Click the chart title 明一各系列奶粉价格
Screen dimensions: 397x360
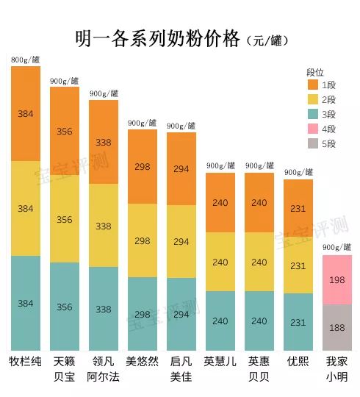click(157, 38)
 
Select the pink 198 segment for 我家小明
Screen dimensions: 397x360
click(337, 280)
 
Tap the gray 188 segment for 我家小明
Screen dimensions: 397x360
click(337, 328)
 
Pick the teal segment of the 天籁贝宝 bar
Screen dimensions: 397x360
click(65, 307)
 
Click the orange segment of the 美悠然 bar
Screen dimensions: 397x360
click(143, 166)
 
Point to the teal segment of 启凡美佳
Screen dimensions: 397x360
click(181, 314)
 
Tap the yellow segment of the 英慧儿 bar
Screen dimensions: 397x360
click(220, 262)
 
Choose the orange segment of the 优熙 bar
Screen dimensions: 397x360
click(298, 208)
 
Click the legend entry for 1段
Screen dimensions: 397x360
click(321, 85)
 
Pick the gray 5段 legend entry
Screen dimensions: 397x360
click(321, 144)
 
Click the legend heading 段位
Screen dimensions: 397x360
click(315, 72)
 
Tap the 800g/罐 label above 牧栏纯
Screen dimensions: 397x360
click(26, 60)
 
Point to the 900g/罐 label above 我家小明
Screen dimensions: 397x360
click(337, 248)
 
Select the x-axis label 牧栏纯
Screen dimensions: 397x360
click(26, 362)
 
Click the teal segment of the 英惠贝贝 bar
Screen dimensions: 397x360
click(259, 321)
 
